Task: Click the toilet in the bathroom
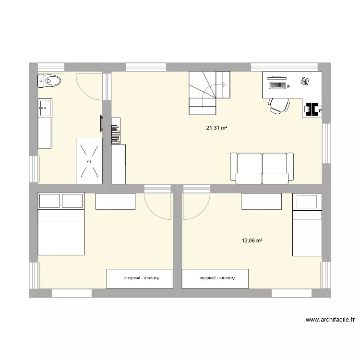pyautogui.click(x=49, y=81)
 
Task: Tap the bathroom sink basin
pyautogui.click(x=45, y=108)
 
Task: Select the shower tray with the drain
pyautogui.click(x=89, y=161)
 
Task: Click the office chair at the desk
pyautogui.click(x=279, y=106)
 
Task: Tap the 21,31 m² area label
pyautogui.click(x=216, y=128)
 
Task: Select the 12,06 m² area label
pyautogui.click(x=252, y=240)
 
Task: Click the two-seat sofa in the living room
pyautogui.click(x=262, y=168)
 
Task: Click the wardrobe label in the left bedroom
pyautogui.click(x=139, y=278)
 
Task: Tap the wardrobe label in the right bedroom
pyautogui.click(x=215, y=278)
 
